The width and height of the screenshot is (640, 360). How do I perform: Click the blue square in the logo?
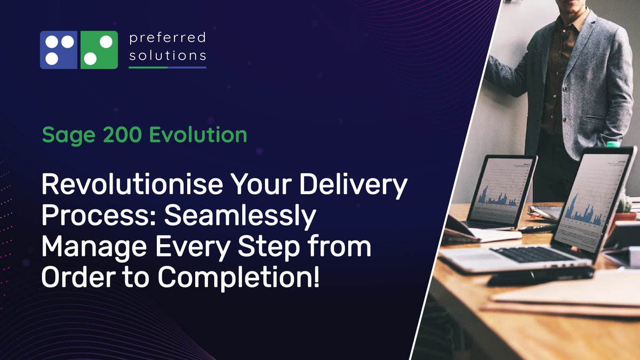click(59, 50)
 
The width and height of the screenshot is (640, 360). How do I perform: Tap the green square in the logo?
click(99, 50)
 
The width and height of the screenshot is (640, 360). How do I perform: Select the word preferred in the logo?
click(167, 38)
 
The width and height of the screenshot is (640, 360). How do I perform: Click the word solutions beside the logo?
click(167, 55)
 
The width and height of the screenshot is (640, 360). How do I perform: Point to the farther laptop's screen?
click(502, 190)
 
